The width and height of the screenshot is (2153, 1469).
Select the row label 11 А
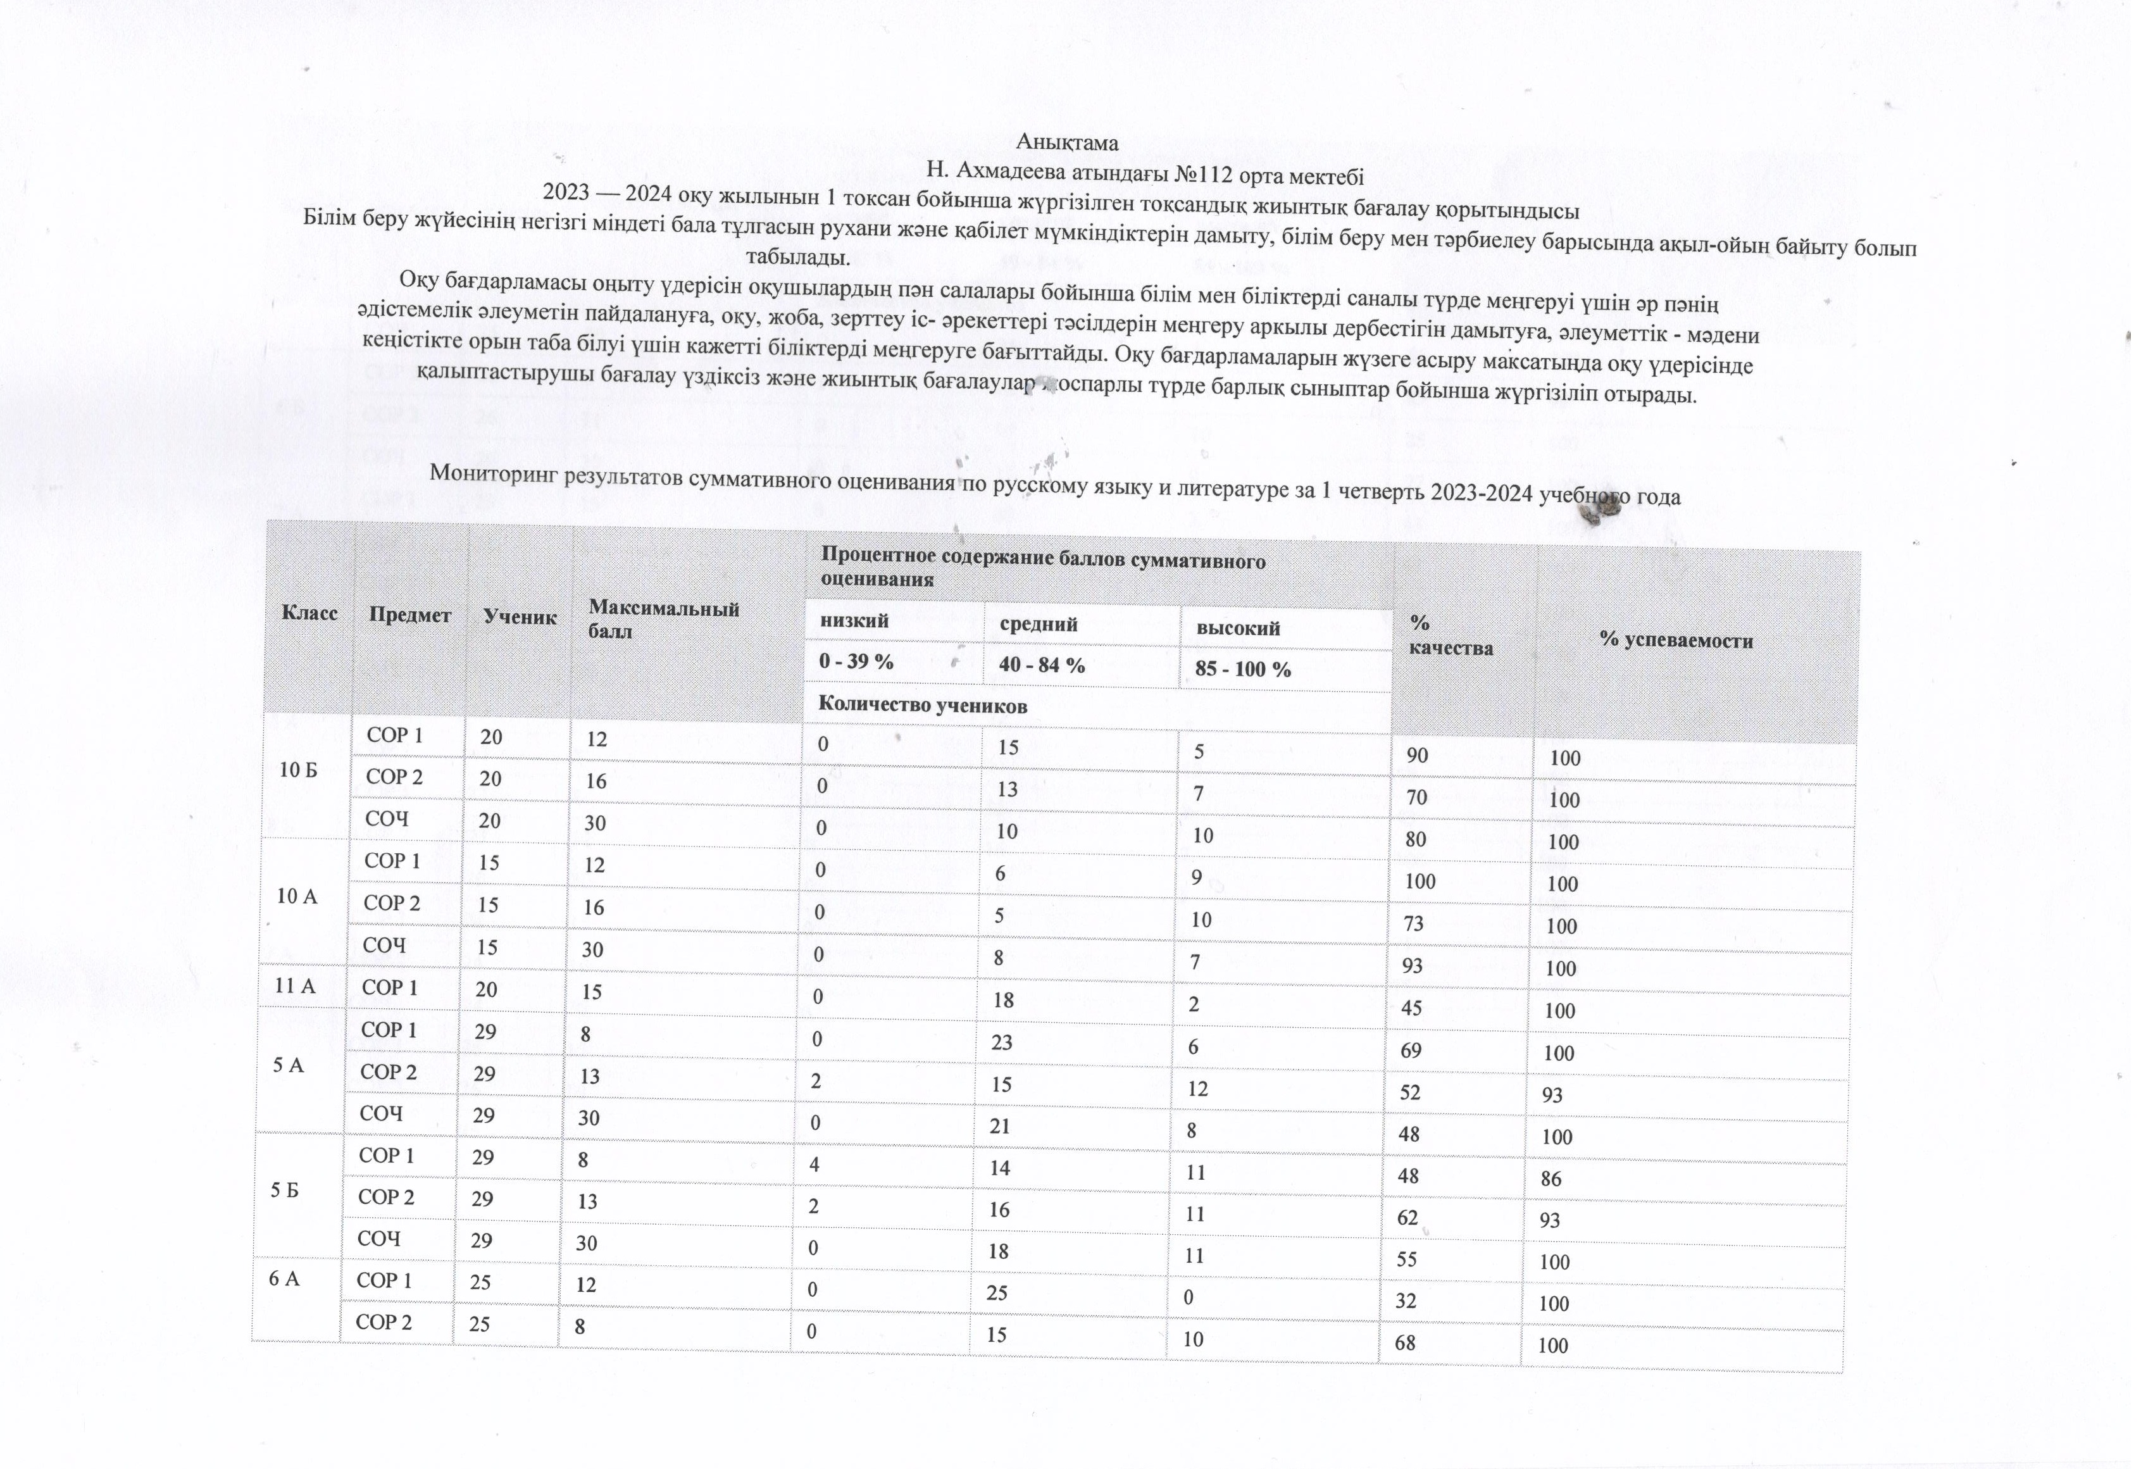click(x=296, y=987)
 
